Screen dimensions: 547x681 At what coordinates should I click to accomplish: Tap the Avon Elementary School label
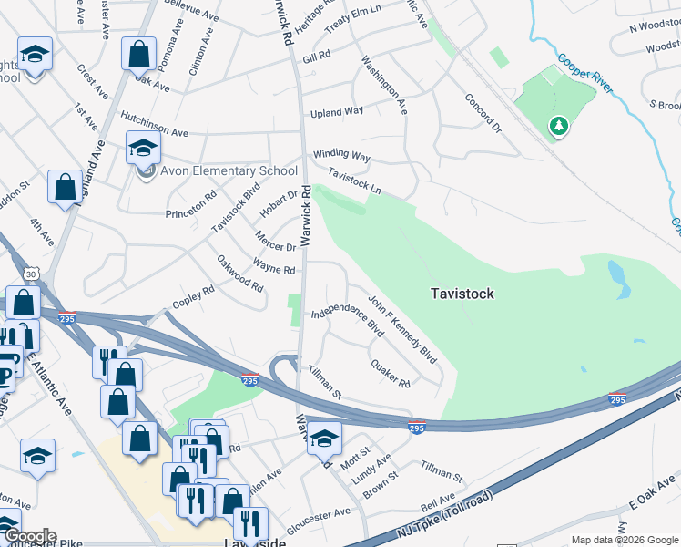[229, 170]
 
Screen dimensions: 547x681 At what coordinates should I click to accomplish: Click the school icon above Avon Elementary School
[143, 147]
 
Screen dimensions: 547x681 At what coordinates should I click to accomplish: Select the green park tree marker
[557, 126]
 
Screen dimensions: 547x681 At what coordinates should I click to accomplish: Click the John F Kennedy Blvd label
[402, 328]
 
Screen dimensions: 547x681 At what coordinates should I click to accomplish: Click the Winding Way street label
[341, 156]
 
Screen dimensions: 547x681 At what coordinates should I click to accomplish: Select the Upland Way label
[337, 112]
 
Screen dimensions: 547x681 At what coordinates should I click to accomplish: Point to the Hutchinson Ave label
[154, 125]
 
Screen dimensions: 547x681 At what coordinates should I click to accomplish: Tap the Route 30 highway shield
[33, 273]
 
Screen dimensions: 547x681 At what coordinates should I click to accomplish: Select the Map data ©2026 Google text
[624, 540]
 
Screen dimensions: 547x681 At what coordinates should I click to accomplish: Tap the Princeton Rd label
[191, 206]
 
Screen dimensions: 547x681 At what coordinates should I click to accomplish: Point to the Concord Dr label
[483, 112]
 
